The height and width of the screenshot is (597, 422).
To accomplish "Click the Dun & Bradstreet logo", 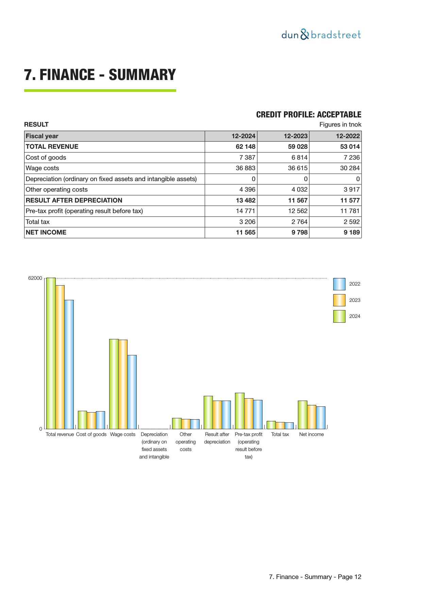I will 321,35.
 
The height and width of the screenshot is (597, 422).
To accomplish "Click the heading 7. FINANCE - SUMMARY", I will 100,75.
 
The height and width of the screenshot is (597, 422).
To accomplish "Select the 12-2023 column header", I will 296,136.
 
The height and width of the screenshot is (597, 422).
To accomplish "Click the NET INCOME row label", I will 46,232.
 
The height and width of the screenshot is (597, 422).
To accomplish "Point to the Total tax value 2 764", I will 298,222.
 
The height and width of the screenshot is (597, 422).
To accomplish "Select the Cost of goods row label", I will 46,158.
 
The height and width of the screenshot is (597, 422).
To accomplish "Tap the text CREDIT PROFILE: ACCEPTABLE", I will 308,115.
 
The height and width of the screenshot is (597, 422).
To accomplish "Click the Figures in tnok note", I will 340,125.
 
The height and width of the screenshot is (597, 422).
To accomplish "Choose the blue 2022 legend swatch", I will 339,284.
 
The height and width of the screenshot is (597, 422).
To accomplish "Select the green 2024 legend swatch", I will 339,316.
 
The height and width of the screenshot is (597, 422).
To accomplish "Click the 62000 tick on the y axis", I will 35,278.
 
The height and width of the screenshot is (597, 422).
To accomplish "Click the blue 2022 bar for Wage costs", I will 132,392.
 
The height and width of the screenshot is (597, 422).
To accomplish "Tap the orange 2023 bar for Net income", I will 311,417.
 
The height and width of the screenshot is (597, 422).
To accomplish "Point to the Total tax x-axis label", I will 280,434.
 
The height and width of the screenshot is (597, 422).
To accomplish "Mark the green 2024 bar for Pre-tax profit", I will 240,411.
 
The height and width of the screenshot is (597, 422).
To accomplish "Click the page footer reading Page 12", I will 315,577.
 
